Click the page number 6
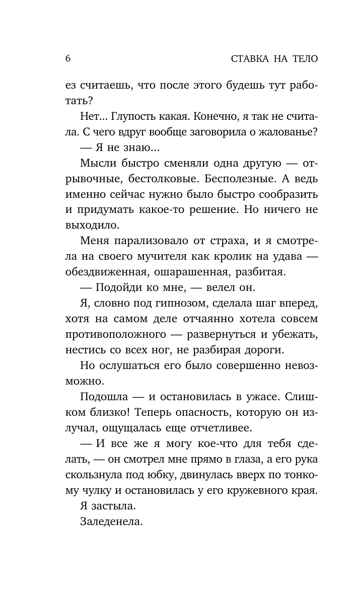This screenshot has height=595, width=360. click(x=68, y=58)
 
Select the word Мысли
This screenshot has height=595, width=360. click(x=98, y=164)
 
